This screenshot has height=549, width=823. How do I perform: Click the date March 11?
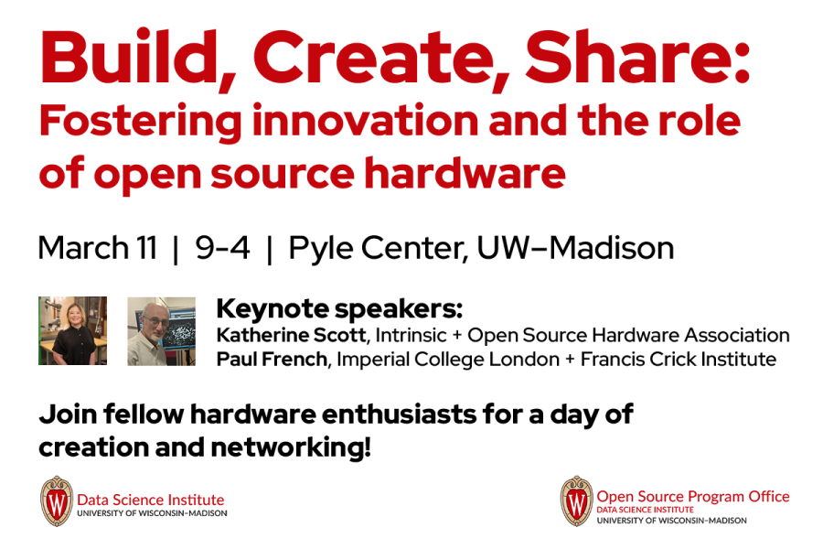tap(98, 248)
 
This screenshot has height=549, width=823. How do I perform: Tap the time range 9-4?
tap(222, 248)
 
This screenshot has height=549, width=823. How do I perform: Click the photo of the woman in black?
tap(72, 330)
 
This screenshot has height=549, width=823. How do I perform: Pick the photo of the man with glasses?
tap(161, 330)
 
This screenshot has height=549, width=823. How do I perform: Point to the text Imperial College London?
tap(445, 359)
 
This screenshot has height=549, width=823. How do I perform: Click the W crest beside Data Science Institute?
tap(56, 501)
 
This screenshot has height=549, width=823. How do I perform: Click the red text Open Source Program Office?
tap(692, 496)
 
